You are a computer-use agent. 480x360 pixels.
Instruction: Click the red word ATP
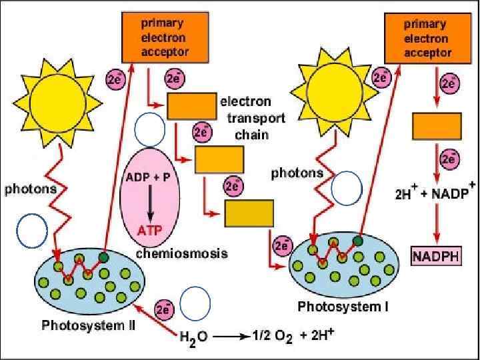pos(150,231)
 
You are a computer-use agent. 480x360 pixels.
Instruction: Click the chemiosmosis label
pos(182,253)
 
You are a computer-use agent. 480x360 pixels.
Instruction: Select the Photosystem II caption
pos(89,326)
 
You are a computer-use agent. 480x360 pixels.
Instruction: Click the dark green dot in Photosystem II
pos(103,257)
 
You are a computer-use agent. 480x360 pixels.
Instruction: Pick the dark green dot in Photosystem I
pos(358,241)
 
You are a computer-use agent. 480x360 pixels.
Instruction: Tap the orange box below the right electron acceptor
pos(437,125)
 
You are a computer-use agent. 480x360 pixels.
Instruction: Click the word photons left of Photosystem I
pos(297,173)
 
